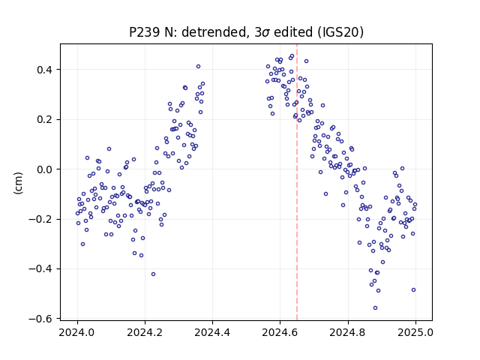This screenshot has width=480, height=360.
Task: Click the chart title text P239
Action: coord(145,32)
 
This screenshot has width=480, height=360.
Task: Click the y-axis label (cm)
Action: coord(18,183)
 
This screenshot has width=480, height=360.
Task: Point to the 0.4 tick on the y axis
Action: coord(44,70)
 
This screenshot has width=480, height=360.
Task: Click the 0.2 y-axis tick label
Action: coord(44,120)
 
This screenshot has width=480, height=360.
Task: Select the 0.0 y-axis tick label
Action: coord(44,169)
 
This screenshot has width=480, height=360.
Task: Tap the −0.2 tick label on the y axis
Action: coord(40,220)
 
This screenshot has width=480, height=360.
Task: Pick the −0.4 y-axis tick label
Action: coord(40,269)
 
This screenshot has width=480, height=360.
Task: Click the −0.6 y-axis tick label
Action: coord(40,319)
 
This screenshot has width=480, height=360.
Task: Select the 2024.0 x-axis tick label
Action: coord(76,332)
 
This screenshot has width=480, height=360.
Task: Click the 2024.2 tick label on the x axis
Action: coord(145,332)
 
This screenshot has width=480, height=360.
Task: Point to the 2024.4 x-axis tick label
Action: coord(212,332)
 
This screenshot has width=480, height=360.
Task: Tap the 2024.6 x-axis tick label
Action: coord(280,332)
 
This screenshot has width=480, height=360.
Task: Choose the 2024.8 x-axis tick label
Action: coord(347,332)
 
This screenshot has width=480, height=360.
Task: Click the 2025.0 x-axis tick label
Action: coord(415,332)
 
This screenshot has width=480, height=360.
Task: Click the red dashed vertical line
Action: coord(297,182)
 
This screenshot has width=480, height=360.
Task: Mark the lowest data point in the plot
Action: coord(375,308)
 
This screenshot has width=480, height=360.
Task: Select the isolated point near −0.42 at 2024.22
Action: coord(153,274)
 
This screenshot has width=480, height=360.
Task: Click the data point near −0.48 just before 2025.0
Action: coord(413,290)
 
